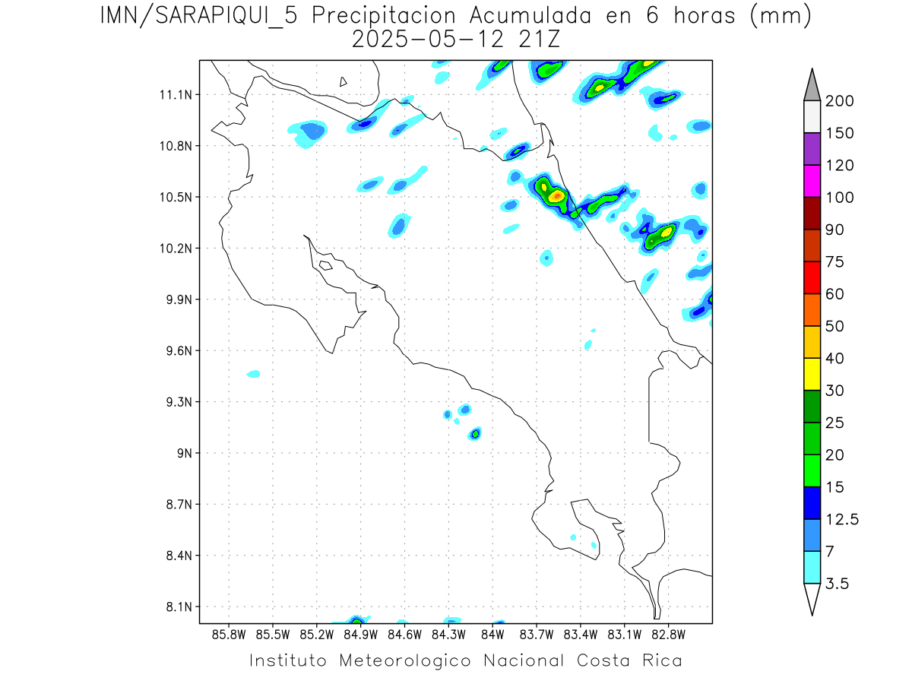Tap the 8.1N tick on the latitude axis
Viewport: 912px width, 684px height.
click(x=181, y=606)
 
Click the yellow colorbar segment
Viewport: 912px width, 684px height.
click(x=812, y=374)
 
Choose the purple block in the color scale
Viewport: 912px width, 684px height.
click(x=812, y=149)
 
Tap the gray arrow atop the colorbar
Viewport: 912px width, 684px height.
click(x=812, y=86)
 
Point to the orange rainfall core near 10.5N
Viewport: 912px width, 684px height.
click(x=557, y=195)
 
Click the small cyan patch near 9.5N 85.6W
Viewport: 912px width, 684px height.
click(x=254, y=374)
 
